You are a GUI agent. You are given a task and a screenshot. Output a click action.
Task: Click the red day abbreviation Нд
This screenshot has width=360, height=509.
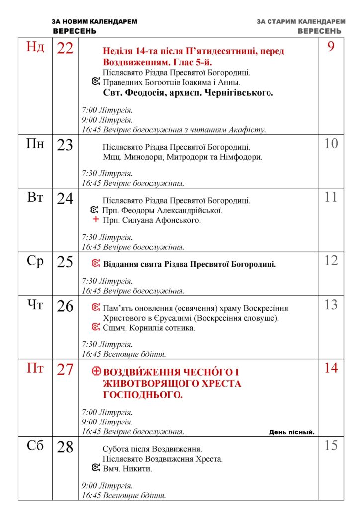pos(35,48)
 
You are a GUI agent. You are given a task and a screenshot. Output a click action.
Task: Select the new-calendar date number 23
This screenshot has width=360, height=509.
pos(65,145)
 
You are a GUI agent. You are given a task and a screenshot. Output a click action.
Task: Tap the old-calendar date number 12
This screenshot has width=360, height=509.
pos(331,260)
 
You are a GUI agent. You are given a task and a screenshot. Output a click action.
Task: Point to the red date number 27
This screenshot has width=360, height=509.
pos(65,370)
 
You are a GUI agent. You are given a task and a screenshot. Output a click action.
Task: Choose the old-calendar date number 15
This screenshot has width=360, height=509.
pos(331,445)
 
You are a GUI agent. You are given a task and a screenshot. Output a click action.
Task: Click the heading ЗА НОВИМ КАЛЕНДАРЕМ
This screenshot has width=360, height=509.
pos(94,22)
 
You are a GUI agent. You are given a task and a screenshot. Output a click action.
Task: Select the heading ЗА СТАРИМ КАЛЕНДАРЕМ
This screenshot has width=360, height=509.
pos(301,22)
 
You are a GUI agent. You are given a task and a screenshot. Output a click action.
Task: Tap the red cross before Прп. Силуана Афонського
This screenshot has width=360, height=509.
pos(96,220)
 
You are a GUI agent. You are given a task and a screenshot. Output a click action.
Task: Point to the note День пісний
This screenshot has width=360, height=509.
pos(292,432)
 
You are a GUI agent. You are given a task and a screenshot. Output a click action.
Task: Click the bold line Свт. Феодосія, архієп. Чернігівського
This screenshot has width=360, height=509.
pos(188,93)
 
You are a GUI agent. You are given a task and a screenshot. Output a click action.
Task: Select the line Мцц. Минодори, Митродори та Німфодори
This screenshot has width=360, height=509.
pos(182,157)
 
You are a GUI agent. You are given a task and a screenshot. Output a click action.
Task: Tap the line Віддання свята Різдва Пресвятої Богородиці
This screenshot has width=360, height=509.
pos(189,264)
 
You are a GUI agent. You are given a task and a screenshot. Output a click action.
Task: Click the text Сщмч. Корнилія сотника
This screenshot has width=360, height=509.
pos(149,328)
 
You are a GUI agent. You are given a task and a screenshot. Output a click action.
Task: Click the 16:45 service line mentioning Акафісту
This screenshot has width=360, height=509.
pos(174,130)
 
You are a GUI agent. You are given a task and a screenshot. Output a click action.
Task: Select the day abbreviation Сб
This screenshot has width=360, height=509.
pos(35,446)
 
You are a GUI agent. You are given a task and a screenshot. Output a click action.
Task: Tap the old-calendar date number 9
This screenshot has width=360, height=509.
pos(331,47)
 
